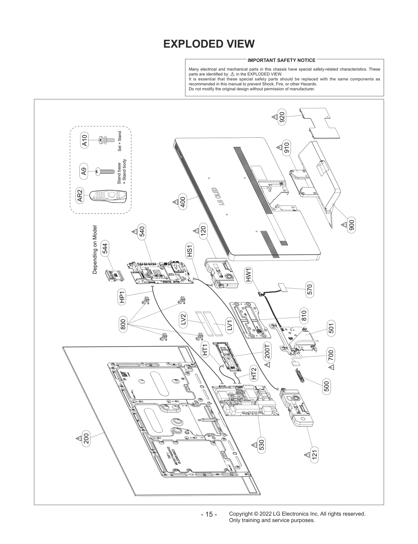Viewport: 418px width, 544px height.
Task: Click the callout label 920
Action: point(282,117)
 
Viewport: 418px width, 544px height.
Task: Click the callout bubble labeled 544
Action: point(105,248)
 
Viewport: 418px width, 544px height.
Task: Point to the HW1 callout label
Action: point(248,275)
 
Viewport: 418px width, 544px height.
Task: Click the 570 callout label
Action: point(310,289)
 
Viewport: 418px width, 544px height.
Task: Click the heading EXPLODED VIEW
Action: point(209,44)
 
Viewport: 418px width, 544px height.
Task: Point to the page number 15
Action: point(209,515)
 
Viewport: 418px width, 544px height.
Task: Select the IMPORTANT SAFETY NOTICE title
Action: point(281,60)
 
